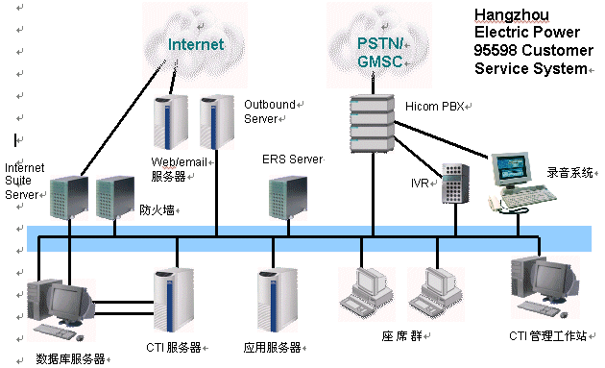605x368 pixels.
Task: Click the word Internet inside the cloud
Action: tap(196, 44)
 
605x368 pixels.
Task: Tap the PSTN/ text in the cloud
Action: tap(380, 43)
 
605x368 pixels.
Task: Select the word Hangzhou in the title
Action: tap(512, 15)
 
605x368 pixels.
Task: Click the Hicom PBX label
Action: tap(434, 107)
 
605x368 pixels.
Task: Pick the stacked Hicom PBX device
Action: tap(373, 124)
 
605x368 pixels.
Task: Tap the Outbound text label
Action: tap(270, 105)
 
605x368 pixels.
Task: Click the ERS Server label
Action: tap(293, 159)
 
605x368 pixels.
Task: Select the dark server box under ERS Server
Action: tap(288, 198)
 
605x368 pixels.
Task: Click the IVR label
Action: tap(420, 183)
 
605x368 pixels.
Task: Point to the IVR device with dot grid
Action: tap(455, 184)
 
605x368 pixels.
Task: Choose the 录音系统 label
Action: tap(569, 172)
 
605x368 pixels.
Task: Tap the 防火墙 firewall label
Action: tap(157, 209)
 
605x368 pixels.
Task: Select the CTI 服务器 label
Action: tap(174, 348)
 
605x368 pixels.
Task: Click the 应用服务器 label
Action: tap(272, 348)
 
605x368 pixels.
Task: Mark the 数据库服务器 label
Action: tap(71, 358)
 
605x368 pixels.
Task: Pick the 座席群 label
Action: tap(402, 336)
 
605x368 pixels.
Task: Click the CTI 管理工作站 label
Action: tap(548, 335)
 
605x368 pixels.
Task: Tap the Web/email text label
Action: tap(179, 161)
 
